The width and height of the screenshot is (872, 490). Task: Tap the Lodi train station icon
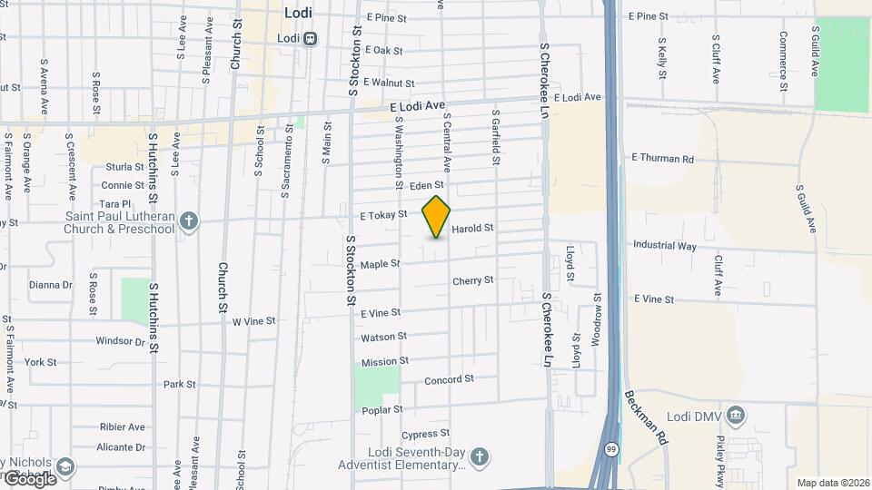(x=312, y=38)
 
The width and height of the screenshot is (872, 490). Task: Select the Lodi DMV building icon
(x=737, y=416)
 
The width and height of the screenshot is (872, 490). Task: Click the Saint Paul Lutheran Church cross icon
(x=189, y=220)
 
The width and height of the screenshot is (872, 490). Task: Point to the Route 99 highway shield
(x=611, y=449)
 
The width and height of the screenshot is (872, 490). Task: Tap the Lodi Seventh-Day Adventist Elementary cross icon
(x=480, y=456)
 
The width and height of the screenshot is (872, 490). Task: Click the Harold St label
(x=472, y=229)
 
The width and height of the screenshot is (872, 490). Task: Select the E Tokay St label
(x=383, y=215)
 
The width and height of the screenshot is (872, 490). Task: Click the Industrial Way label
(x=665, y=245)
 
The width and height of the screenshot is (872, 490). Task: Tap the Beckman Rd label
(x=646, y=417)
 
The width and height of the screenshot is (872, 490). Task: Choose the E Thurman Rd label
(x=662, y=158)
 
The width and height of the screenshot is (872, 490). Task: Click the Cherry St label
(x=473, y=281)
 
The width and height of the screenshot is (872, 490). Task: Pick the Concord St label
(x=449, y=379)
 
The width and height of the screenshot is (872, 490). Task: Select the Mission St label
(x=379, y=362)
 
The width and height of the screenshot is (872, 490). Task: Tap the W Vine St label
(x=253, y=321)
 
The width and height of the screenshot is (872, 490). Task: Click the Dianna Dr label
(x=50, y=284)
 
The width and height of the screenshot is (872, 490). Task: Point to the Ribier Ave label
(x=122, y=426)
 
